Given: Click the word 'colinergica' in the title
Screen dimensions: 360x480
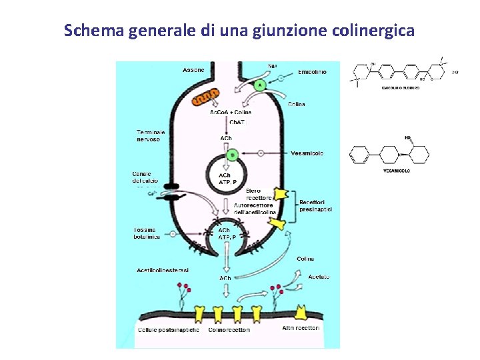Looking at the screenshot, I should point(373,31).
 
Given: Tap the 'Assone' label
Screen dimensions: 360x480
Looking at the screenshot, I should point(193,70).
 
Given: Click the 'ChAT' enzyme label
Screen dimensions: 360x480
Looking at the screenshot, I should point(237,122).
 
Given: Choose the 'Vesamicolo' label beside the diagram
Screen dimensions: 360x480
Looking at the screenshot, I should point(307,153).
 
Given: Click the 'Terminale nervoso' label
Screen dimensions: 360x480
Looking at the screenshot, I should point(151,135).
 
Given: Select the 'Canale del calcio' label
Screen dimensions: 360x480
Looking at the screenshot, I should point(147,178).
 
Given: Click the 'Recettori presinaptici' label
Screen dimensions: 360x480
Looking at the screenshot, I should point(316,205).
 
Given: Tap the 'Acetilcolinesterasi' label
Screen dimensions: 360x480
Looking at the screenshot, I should point(163,270).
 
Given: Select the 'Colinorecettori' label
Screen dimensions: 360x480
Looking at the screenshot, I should point(229,330).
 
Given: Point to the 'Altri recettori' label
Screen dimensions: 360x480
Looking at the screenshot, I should point(301,328).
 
